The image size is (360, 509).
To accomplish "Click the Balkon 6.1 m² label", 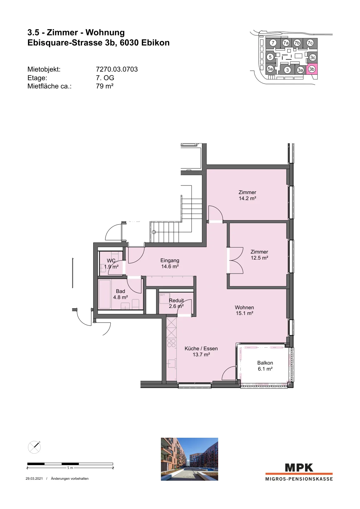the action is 265,366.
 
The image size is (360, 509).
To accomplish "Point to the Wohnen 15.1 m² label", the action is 244,310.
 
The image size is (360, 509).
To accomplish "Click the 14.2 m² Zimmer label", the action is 247,195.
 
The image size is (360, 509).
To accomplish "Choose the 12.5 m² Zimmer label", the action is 260,255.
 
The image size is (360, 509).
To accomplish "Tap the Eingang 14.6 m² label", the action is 170,263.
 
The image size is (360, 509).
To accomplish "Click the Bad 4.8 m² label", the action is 121,294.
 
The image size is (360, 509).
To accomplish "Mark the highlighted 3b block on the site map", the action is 312,69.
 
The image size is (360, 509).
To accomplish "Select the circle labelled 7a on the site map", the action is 286,43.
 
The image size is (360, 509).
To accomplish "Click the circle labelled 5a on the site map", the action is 270,69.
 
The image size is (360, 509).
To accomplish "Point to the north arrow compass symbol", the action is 34,447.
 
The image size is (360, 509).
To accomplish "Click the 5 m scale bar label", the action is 70,468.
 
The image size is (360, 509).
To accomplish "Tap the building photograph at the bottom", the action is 190,459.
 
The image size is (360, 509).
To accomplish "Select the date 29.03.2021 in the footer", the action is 34,478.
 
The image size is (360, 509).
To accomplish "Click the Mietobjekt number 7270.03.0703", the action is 117,69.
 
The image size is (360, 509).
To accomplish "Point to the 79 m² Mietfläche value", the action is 105,86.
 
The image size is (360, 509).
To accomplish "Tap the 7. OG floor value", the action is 105,78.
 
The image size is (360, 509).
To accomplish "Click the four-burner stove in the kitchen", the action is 171,343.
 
